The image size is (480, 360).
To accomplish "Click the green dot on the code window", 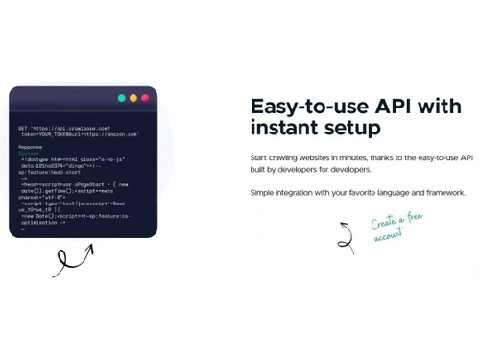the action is click(x=122, y=98).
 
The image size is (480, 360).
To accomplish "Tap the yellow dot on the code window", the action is click(x=133, y=98).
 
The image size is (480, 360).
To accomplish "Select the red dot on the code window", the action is click(x=145, y=98).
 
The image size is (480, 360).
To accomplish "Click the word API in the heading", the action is click(x=382, y=106).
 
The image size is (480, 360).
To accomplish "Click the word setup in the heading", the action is click(x=352, y=128).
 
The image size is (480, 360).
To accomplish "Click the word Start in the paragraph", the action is click(x=259, y=157).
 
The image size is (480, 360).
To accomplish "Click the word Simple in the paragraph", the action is click(x=263, y=193).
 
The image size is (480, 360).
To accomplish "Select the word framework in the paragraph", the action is click(x=444, y=193).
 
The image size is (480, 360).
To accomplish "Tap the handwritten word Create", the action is click(x=385, y=222).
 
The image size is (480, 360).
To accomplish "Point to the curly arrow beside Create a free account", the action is click(x=346, y=237).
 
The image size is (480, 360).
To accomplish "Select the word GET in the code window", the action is click(x=22, y=128).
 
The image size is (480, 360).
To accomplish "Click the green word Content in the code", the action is click(x=28, y=153).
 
